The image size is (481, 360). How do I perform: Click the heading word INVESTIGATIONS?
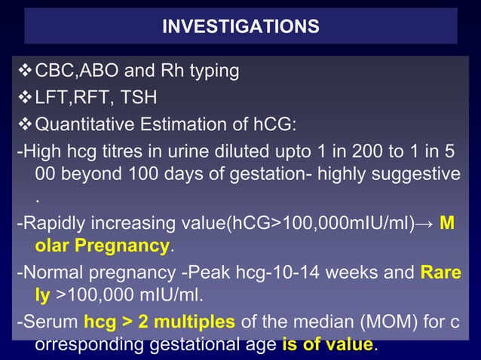coord(240,26)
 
